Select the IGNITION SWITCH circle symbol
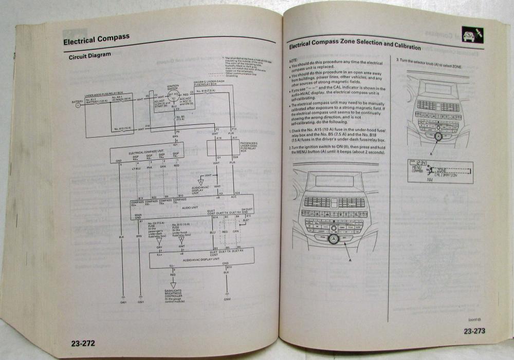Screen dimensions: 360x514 (x=173, y=95)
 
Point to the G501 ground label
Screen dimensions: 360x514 (x=141, y=303)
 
